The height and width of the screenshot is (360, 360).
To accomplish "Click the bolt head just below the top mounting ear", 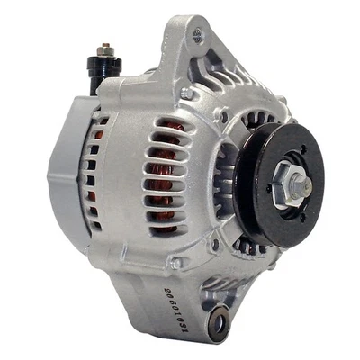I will coord(187,93).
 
